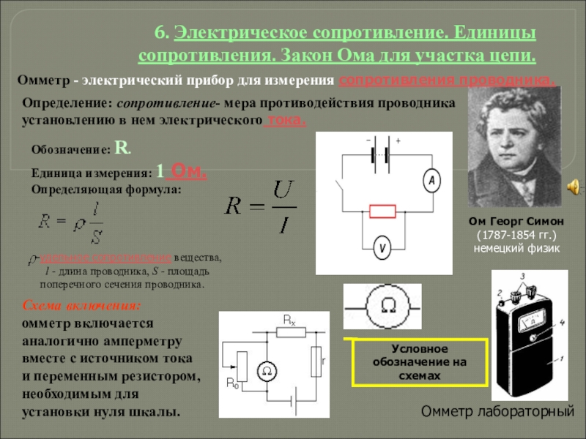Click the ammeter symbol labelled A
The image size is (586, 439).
point(432,181)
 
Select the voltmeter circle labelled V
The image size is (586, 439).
point(382,249)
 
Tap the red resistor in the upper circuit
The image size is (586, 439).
point(382,212)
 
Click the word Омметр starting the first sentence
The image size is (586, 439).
point(41,80)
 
